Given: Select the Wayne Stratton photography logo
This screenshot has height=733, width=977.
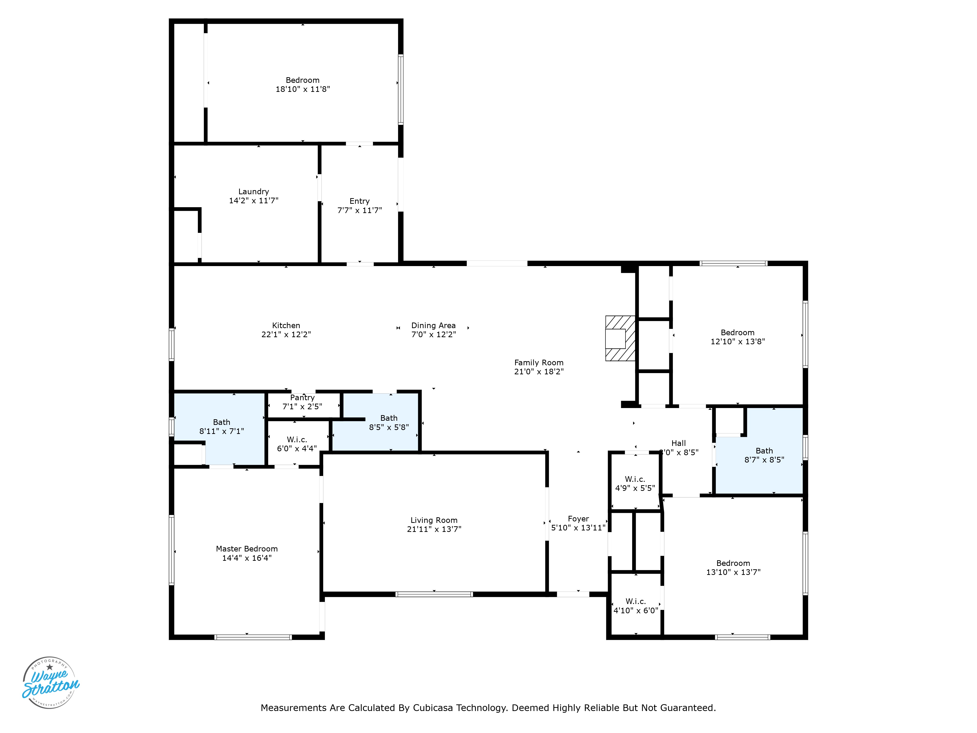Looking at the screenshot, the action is point(50,683).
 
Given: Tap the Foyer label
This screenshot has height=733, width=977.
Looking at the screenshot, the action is point(578,519).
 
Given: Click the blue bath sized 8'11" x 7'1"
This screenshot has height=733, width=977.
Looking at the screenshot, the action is point(220,429).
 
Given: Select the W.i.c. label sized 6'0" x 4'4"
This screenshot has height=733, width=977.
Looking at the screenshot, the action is point(297,440).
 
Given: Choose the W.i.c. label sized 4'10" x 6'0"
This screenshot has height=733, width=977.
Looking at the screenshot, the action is point(636,601).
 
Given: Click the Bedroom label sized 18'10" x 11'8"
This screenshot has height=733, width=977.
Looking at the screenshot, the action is point(303,80).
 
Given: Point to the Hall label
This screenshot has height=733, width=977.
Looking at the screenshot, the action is point(679,443).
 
